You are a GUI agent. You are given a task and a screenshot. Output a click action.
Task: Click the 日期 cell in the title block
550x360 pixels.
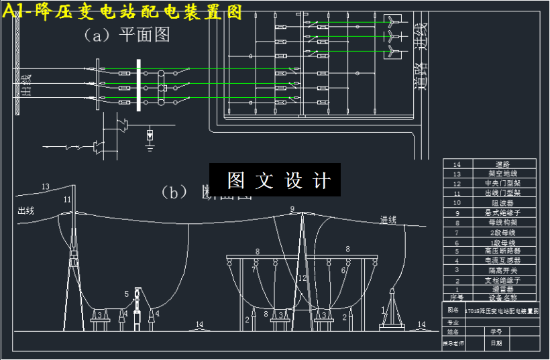coord(496,343)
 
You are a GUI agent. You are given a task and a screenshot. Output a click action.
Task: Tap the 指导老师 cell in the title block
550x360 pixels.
coord(453,343)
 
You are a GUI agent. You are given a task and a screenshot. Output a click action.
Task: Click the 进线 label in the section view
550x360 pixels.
coord(388,220)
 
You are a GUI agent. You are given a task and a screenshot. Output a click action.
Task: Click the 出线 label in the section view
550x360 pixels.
coord(25,211)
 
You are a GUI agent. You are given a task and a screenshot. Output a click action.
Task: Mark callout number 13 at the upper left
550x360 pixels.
coord(46,186)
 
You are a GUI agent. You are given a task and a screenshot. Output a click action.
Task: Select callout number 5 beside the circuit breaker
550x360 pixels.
coord(126,294)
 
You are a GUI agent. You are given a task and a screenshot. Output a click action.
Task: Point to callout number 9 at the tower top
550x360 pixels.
coord(292,209)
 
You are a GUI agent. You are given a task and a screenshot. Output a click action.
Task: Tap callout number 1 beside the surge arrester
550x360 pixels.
coord(383,310)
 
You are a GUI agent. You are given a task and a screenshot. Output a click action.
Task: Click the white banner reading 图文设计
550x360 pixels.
coord(275,180)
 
